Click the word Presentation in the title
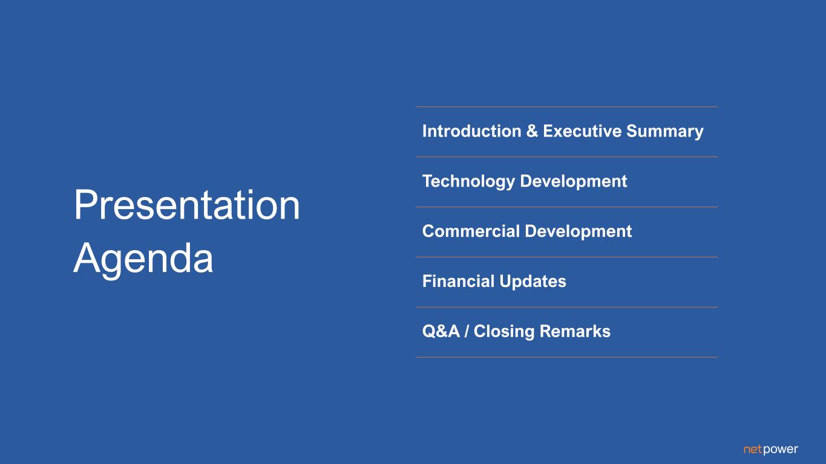point(187,205)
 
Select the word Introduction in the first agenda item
point(471,131)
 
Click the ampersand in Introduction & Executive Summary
point(532,131)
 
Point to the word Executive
point(582,131)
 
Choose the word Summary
point(665,132)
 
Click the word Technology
point(468,181)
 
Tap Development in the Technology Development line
point(574,181)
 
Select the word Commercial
point(471,231)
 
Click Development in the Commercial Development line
point(579,231)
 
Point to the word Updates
point(533,282)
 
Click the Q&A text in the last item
point(441,332)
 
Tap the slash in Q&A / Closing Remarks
point(467,332)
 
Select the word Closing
point(504,332)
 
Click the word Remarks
point(575,332)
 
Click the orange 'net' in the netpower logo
point(753,449)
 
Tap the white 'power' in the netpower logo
point(781,450)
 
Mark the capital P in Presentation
point(84,205)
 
